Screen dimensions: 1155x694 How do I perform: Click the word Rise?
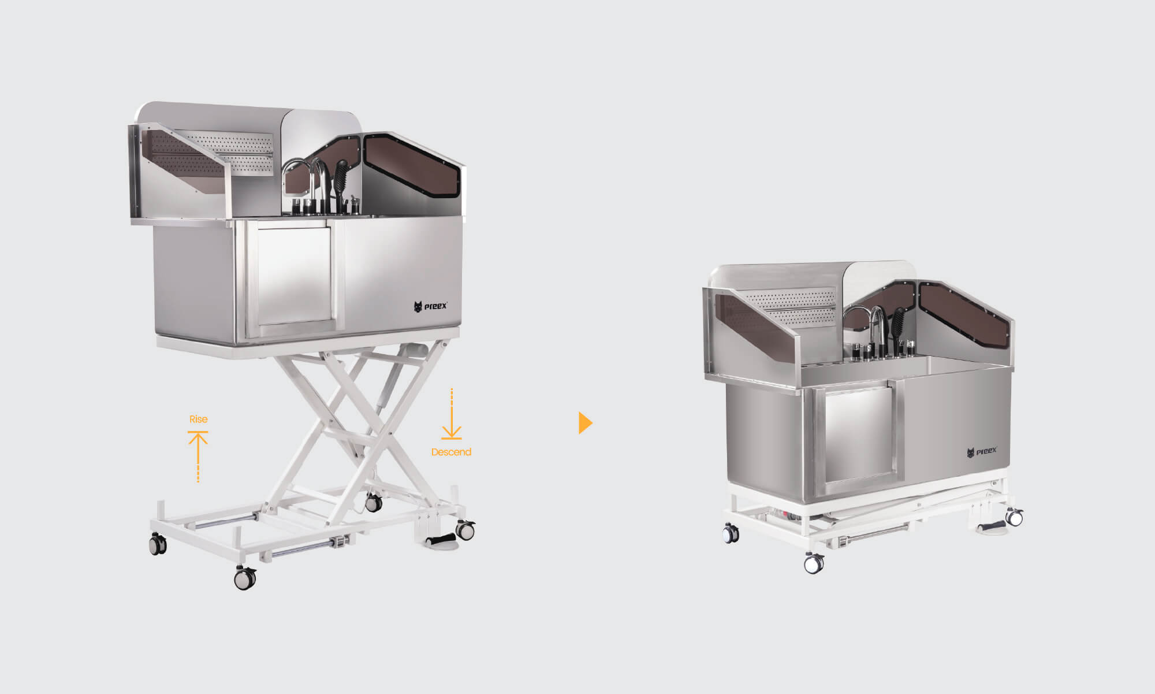point(198,419)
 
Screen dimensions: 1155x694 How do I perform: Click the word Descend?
point(451,452)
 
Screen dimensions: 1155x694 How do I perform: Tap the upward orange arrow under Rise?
point(198,457)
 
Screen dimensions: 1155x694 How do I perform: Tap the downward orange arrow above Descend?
point(452,414)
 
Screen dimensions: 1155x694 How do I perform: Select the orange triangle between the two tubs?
point(585,423)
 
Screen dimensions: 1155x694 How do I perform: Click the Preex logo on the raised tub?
point(431,306)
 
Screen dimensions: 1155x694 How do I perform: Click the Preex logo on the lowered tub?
point(982,452)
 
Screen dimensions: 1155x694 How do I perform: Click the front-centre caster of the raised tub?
point(245,577)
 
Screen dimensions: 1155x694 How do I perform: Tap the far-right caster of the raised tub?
point(465,529)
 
